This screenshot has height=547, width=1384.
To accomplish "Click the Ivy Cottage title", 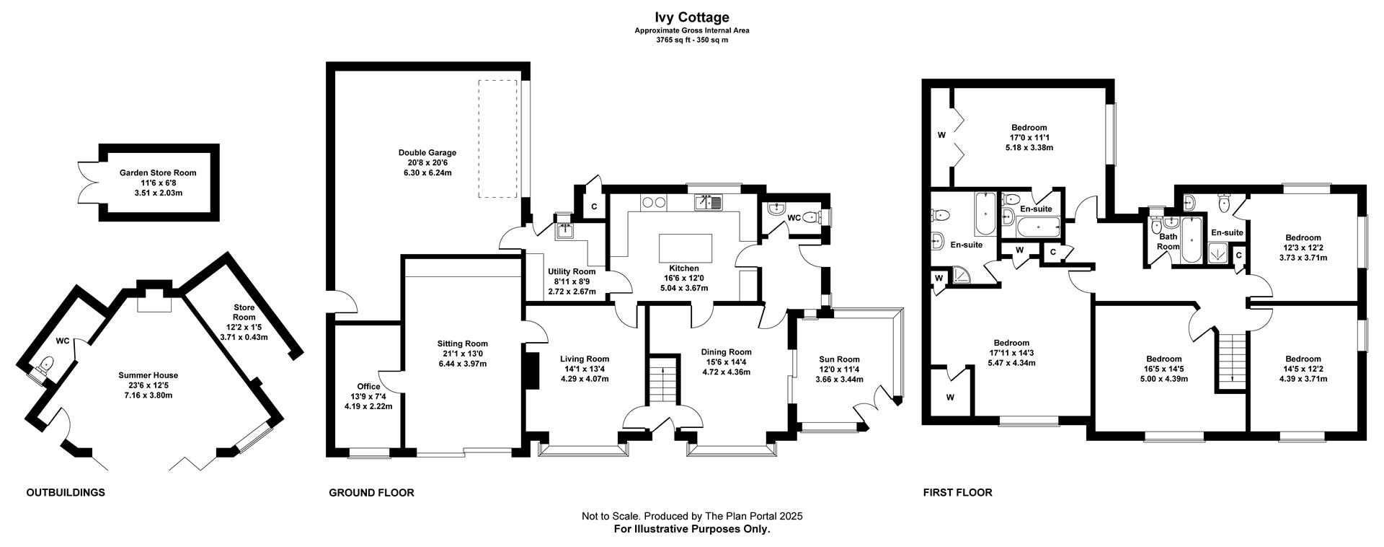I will (x=692, y=17).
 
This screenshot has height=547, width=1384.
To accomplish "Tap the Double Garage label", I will (x=427, y=152).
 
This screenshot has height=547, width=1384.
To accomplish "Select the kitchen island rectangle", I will (x=685, y=248).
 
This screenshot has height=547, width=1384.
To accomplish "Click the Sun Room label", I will (x=839, y=359).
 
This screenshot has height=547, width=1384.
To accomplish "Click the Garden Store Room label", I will (x=158, y=172).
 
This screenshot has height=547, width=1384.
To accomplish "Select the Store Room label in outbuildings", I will (x=244, y=312).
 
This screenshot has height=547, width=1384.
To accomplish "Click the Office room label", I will (x=368, y=386).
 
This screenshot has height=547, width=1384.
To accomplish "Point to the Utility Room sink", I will (x=563, y=231).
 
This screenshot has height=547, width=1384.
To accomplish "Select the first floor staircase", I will (x=1232, y=358).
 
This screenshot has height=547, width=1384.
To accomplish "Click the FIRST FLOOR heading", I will (x=957, y=493).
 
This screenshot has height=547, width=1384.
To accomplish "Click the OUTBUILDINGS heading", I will (x=66, y=493).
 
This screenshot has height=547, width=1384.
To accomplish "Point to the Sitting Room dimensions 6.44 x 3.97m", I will (x=462, y=364).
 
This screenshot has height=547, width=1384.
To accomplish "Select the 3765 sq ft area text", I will (x=671, y=40).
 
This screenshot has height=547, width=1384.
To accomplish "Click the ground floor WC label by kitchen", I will (x=794, y=217).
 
